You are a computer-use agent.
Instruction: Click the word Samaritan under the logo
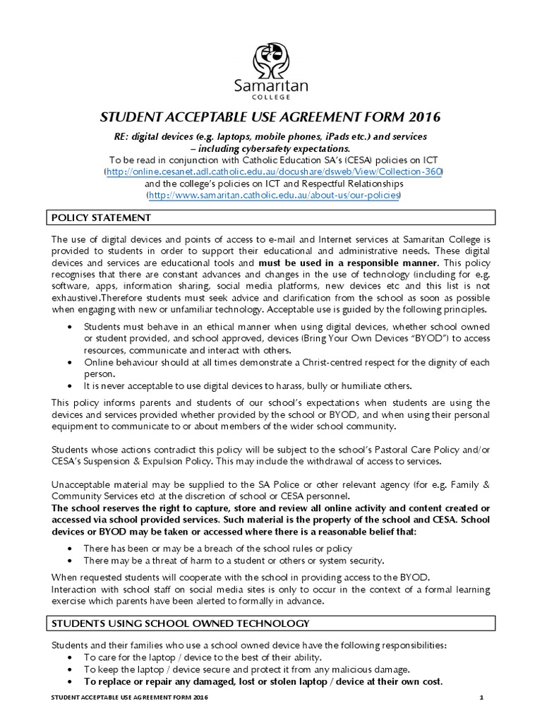click(x=272, y=85)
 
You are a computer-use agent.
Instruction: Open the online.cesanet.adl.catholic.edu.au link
click(x=273, y=172)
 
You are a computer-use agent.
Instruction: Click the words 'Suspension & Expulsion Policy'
click(x=148, y=460)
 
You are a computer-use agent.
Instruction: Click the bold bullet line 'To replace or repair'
click(x=263, y=681)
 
